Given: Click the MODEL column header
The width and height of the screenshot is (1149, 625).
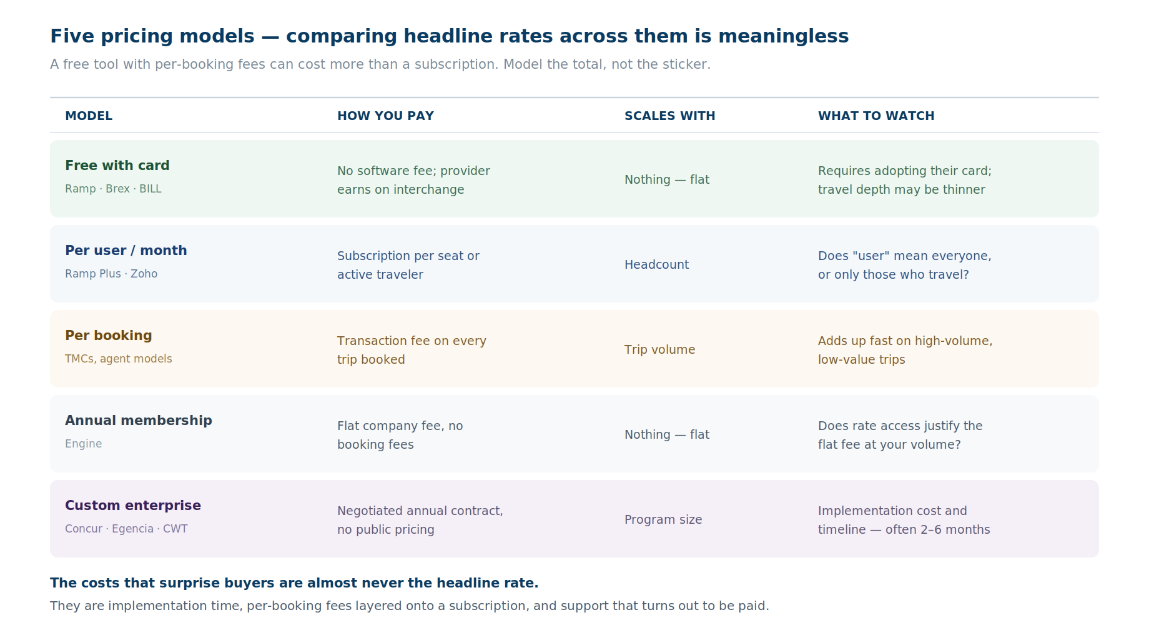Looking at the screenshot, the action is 89,116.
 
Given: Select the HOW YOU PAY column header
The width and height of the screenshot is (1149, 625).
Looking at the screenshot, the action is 385,116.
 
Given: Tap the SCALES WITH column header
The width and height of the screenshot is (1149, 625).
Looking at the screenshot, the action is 669,116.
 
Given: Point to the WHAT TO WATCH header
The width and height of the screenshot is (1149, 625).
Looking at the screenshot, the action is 876,116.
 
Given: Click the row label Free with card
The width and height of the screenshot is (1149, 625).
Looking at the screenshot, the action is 117,165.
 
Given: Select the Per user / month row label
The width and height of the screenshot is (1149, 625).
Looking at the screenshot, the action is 126,250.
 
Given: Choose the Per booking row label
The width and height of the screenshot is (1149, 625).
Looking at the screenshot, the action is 109,336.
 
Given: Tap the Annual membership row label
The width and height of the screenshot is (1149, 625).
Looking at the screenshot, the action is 139,420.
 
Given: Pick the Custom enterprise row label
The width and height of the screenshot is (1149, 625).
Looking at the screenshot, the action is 133,505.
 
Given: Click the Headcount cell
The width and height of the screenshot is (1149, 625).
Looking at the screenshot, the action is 656,264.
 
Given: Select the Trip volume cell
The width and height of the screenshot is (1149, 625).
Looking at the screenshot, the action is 659,349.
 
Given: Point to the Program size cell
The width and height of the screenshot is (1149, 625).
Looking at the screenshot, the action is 663,519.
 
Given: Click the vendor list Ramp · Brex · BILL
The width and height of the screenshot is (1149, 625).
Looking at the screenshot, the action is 113,189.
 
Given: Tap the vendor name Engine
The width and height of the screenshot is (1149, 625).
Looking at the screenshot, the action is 83,444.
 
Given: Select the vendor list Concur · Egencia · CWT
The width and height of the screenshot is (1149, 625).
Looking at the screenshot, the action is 126,529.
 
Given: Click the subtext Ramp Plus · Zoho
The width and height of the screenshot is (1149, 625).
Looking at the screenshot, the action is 111,274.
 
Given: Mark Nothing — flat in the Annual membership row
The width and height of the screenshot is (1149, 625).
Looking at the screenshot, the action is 667,434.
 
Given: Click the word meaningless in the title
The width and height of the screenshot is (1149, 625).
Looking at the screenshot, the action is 783,36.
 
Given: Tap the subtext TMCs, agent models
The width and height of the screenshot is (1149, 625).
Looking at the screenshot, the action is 119,359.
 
